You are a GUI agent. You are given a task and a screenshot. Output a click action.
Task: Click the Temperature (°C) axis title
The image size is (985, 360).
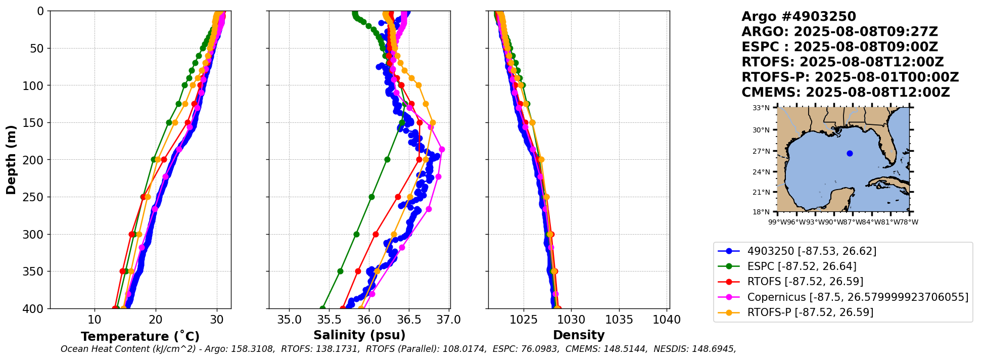[x=140, y=337]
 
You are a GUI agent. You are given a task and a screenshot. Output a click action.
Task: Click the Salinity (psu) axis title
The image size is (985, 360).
[x=359, y=335]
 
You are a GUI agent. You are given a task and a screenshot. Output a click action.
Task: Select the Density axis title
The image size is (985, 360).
[x=579, y=335]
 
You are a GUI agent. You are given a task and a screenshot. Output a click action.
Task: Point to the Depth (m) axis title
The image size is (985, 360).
[x=11, y=160]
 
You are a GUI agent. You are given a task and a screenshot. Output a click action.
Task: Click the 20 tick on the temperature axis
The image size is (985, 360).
[x=156, y=320]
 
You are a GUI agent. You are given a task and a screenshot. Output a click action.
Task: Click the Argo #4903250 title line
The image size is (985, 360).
[x=799, y=17]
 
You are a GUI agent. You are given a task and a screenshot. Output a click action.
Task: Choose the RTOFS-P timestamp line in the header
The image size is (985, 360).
[x=850, y=77]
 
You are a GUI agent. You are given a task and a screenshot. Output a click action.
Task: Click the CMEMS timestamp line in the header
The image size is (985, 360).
[x=846, y=93]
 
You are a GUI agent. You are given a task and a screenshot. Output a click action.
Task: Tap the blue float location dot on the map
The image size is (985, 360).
[x=850, y=153]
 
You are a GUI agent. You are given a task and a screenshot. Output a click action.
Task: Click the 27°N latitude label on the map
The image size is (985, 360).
[x=761, y=151]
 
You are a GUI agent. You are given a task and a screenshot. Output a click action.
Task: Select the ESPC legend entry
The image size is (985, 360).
[x=802, y=266]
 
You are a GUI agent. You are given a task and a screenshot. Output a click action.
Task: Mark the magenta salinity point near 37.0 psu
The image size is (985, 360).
[x=442, y=149]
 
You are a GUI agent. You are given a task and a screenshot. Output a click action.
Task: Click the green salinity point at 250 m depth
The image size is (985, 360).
[x=371, y=197]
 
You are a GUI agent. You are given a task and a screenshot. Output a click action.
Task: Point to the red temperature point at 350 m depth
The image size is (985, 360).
[x=123, y=271]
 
